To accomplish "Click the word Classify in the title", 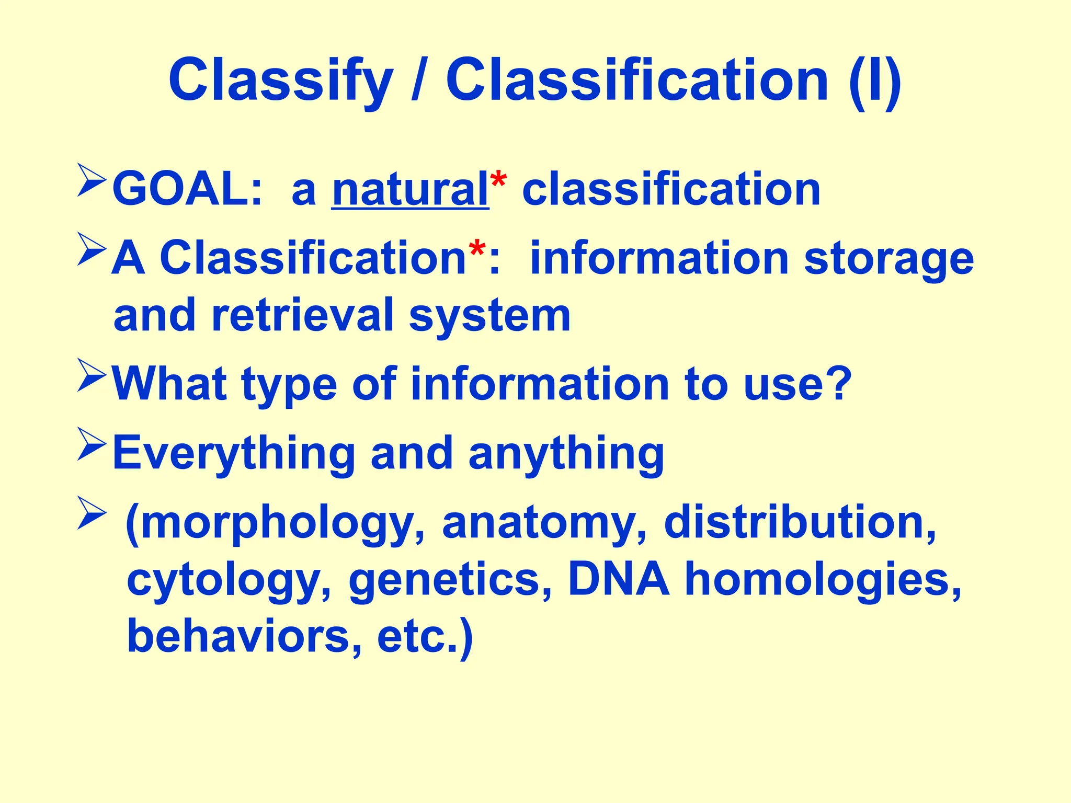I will pos(280,81).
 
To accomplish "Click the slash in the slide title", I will pos(418,81).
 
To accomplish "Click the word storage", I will pos(888,259).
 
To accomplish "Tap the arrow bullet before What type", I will pos(92,375).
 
